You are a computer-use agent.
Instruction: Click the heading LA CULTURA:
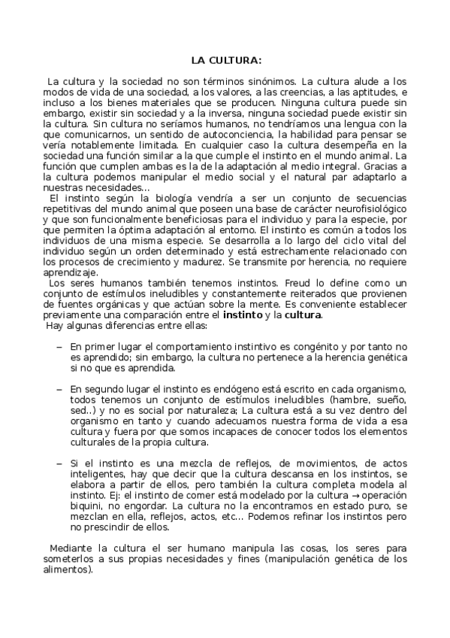click(225, 59)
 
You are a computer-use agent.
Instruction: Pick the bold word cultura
click(303, 314)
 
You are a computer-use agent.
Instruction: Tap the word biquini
click(86, 509)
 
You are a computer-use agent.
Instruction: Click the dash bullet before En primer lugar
click(59, 347)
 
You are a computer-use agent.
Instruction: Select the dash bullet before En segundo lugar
click(59, 390)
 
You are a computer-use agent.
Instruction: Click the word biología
click(172, 196)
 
